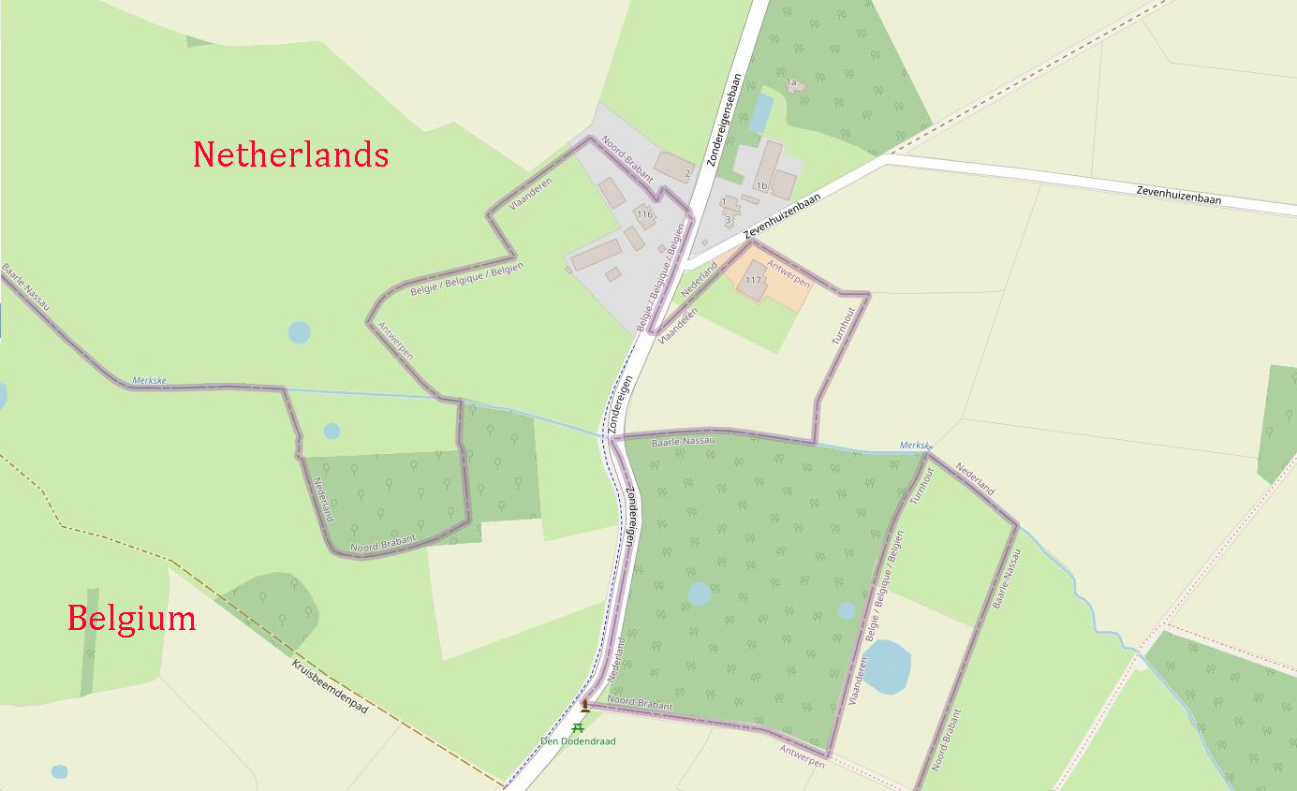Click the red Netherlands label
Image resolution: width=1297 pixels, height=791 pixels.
[290, 154]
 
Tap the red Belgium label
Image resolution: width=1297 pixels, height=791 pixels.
[131, 619]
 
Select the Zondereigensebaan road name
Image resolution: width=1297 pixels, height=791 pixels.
[725, 121]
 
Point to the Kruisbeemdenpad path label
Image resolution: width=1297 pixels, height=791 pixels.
[330, 688]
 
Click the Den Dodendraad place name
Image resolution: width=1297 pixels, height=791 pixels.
[578, 741]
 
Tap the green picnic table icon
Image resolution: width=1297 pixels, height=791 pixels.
[579, 726]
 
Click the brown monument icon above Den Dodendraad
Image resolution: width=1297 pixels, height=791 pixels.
[585, 704]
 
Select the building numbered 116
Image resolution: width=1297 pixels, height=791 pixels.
[644, 214]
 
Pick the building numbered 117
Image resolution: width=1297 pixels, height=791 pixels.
[754, 280]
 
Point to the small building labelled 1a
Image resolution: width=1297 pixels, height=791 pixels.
[793, 84]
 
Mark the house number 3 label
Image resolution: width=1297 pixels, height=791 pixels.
[728, 220]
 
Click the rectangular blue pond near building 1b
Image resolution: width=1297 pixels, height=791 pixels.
[760, 113]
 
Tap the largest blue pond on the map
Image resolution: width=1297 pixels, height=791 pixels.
[885, 666]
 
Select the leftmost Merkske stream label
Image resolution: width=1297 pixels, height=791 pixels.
[149, 380]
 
